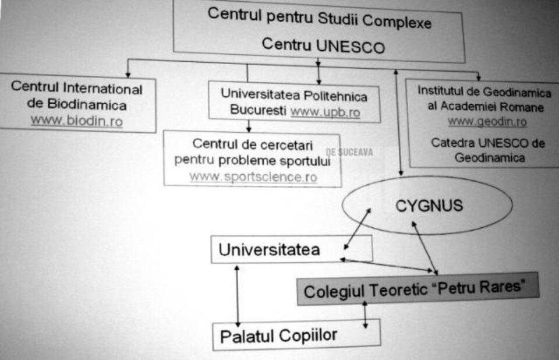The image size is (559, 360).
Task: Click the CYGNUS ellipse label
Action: click(429, 206)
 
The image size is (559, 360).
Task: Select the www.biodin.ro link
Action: click(77, 121)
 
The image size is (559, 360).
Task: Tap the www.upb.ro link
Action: click(325, 112)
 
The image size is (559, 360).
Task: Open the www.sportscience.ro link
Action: click(253, 177)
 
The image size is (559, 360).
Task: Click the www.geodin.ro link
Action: click(487, 122)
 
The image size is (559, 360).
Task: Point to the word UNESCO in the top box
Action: click(350, 47)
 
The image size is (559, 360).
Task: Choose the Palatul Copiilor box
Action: click(296, 335)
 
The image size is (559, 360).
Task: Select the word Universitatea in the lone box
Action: click(269, 250)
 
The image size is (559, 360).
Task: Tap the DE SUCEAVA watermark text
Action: click(349, 153)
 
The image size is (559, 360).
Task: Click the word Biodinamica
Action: click(87, 105)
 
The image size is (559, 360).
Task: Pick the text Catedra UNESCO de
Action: click(488, 143)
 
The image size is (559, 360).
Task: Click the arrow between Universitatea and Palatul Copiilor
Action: click(238, 296)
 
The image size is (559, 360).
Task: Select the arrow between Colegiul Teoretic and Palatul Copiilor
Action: click(365, 315)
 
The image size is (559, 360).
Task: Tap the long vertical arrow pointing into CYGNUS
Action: click(398, 122)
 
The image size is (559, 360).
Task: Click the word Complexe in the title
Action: click(397, 22)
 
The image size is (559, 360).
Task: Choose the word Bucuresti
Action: click(258, 110)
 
